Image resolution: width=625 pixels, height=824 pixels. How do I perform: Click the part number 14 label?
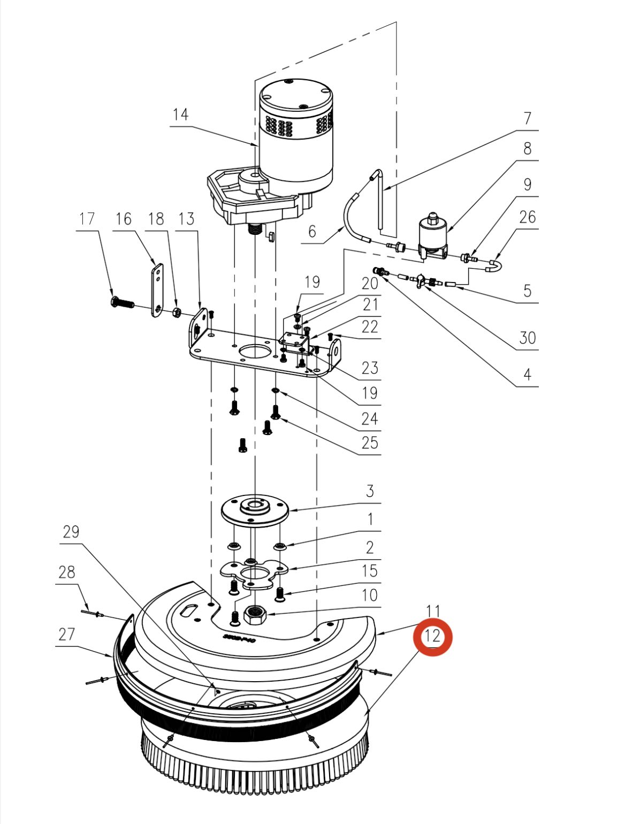[180, 115]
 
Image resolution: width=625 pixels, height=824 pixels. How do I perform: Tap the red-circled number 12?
[432, 636]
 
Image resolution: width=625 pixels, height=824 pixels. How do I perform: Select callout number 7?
[527, 118]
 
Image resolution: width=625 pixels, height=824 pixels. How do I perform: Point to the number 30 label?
[527, 338]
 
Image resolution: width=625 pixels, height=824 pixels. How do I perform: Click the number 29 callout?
[71, 532]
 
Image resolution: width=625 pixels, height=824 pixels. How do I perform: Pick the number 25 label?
[369, 443]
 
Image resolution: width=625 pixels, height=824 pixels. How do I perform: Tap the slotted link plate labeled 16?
[157, 290]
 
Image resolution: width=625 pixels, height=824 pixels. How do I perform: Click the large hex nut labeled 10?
[255, 614]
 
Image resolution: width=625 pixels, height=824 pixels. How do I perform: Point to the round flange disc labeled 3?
[255, 508]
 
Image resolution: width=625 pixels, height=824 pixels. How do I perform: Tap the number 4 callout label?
[527, 374]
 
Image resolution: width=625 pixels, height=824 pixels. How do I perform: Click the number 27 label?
[66, 635]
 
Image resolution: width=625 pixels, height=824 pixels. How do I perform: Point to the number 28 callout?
[66, 573]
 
